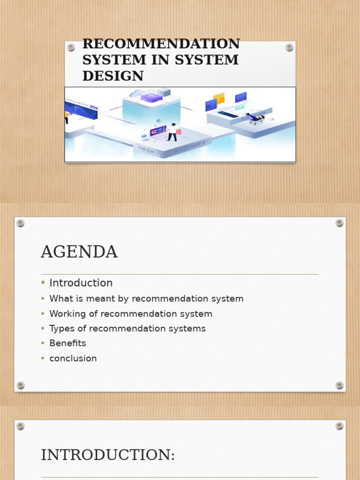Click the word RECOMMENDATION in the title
tap(161, 44)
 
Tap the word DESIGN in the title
tap(113, 76)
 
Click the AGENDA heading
tap(79, 252)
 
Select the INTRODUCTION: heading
tap(108, 455)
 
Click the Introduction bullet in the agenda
tap(81, 283)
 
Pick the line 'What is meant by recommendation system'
tap(146, 299)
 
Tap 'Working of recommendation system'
tap(131, 314)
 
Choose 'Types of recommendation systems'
tap(127, 329)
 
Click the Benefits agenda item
tap(68, 343)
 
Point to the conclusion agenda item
tap(73, 359)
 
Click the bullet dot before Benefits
tap(43, 344)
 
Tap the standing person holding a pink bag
tap(172, 132)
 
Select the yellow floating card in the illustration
tap(219, 98)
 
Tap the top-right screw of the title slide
tap(289, 47)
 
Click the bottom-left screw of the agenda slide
tap(21, 385)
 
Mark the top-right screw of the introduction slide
tap(339, 426)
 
